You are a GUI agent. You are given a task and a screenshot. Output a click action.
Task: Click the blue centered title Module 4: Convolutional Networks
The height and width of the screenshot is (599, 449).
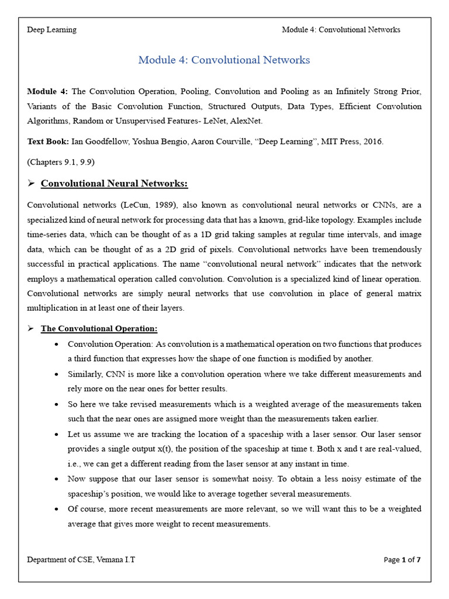pos(224,60)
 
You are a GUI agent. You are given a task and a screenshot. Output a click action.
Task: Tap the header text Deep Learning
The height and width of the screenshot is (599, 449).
pos(51,30)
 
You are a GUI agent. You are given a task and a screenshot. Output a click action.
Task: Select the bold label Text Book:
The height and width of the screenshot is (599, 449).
pos(48,142)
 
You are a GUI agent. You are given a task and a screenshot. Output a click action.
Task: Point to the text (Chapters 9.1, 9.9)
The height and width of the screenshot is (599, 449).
pos(60,161)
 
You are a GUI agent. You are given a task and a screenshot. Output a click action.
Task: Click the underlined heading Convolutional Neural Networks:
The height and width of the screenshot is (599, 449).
pos(114,184)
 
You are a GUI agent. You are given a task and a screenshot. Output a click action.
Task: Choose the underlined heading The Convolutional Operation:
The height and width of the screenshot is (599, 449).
pos(99,329)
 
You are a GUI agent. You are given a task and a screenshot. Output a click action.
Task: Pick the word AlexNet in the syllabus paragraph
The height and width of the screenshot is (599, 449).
pos(247,121)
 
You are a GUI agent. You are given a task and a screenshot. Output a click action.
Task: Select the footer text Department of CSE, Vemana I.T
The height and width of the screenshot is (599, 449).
pos(81,560)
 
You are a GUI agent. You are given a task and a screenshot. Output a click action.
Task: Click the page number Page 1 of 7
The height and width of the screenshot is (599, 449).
pos(402,560)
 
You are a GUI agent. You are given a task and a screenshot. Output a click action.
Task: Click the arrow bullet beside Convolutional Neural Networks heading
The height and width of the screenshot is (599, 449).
pos(32,184)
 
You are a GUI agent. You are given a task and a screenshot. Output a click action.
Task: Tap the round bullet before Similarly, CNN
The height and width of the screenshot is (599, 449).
pos(55,374)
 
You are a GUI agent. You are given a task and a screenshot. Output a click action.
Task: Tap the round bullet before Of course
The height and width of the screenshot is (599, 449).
pos(55,510)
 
